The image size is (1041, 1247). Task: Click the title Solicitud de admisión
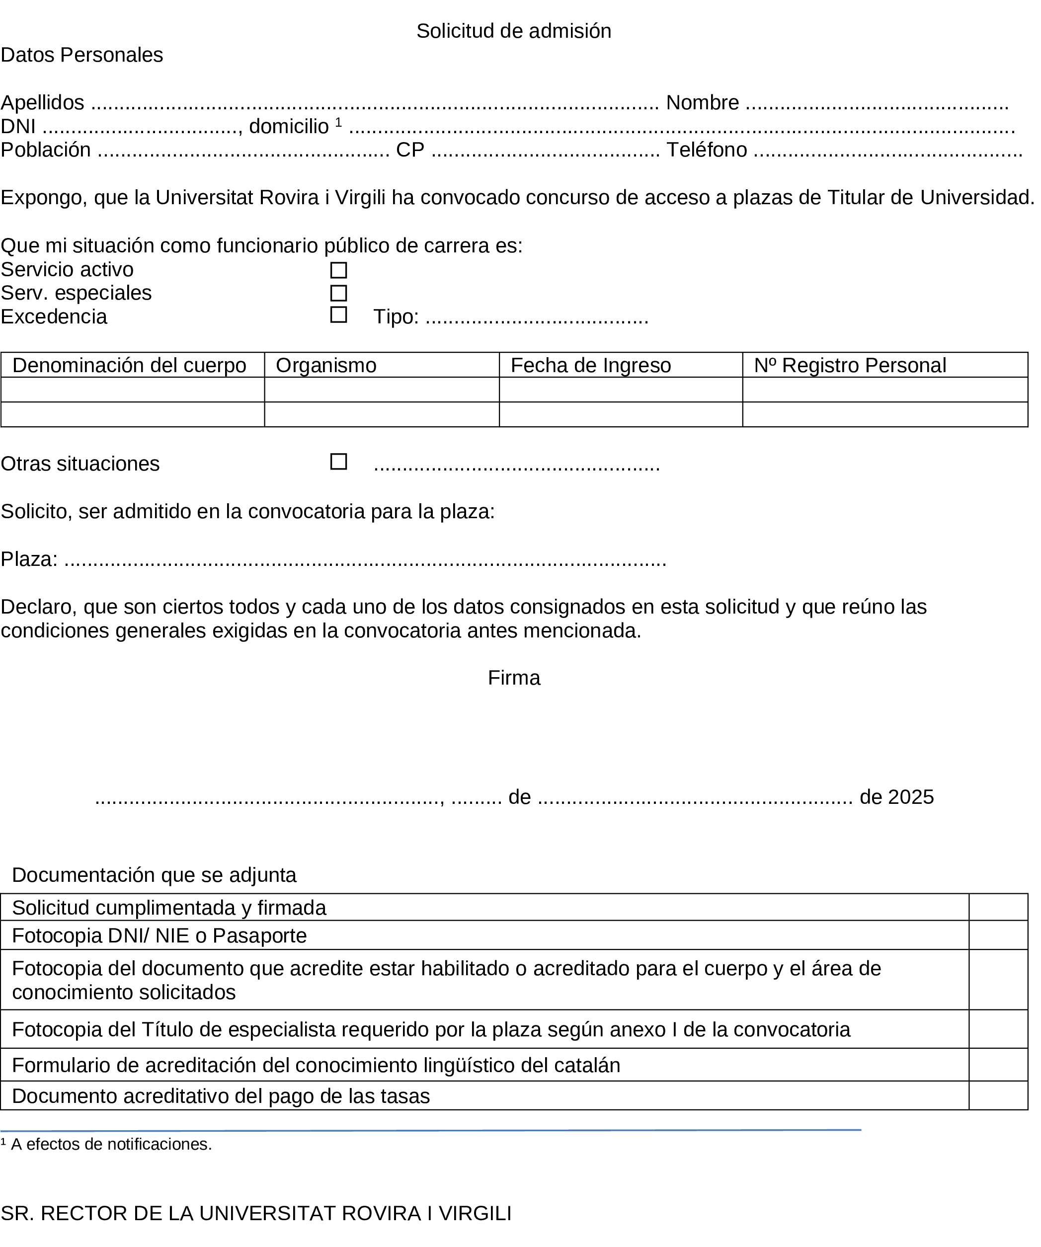[514, 31]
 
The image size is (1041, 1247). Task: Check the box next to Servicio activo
[338, 270]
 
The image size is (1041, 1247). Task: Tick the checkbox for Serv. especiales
[338, 293]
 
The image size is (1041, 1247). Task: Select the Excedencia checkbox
[338, 314]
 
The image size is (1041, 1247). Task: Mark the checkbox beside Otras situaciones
[338, 462]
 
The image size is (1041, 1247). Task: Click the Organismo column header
[326, 365]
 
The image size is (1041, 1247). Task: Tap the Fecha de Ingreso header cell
[590, 365]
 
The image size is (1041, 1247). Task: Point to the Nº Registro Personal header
[850, 365]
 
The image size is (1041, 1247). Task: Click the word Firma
[514, 678]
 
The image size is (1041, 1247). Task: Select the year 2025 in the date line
[911, 797]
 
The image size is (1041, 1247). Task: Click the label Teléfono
[706, 150]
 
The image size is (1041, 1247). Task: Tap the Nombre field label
[702, 103]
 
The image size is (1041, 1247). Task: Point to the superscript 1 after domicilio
[338, 122]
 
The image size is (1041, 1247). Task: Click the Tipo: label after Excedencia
[396, 317]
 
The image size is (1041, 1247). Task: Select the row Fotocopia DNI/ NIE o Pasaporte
[159, 936]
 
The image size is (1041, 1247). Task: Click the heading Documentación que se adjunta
[154, 875]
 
